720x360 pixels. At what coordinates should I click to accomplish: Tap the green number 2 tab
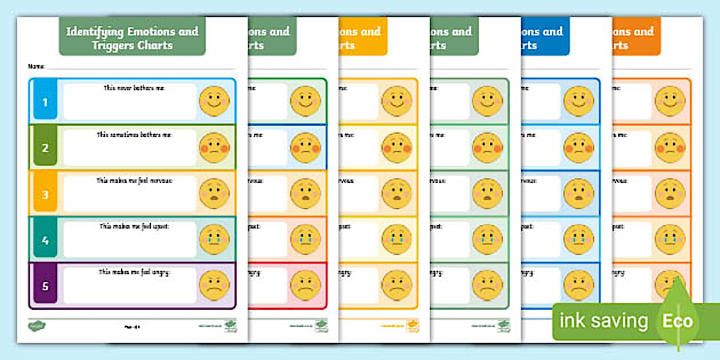point(45,148)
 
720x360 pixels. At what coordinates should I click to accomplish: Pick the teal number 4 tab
point(45,241)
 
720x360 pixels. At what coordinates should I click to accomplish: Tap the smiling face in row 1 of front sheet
point(214,102)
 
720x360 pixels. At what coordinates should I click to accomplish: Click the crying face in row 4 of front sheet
point(214,240)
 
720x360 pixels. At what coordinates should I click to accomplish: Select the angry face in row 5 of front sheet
point(214,286)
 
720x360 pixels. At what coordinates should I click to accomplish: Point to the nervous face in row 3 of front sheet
point(214,194)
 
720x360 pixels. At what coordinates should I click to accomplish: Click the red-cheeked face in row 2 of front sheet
point(214,148)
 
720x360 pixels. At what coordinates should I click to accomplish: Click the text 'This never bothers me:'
point(130,88)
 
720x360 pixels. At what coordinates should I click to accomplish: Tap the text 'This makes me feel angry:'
point(130,272)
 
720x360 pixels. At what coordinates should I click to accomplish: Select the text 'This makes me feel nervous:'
point(130,180)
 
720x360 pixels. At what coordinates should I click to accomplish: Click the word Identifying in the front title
point(94,31)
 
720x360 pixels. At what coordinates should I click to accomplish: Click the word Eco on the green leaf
point(678,321)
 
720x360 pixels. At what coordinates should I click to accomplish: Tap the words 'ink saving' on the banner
point(603,321)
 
